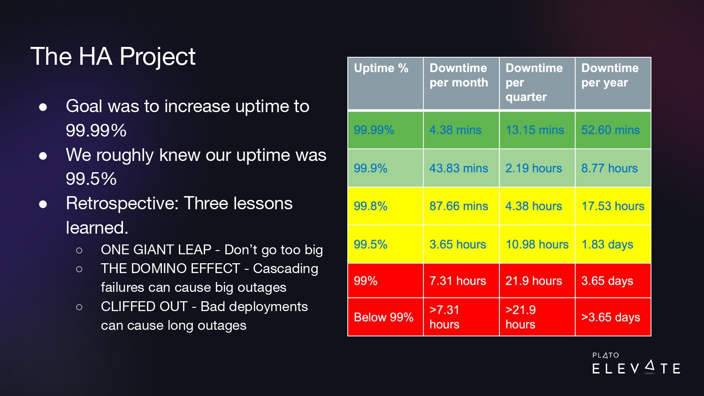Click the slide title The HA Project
pos(113,57)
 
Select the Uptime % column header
pos(385,84)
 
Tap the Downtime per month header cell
pos(461,84)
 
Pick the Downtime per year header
pos(613,84)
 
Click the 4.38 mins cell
pos(461,130)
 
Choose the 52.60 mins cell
pos(613,130)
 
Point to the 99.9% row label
pos(385,168)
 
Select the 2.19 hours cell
pos(537,168)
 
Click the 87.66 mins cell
pos(461,206)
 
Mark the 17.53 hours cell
pos(613,206)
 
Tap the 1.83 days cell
pos(613,244)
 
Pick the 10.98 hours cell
pos(537,244)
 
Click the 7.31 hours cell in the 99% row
pos(461,281)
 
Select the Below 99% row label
pos(385,317)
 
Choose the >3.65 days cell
pos(613,317)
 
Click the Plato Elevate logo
pos(636,363)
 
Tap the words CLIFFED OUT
pos(144,306)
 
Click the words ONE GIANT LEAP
pos(156,250)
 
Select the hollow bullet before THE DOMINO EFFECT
pos(79,269)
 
